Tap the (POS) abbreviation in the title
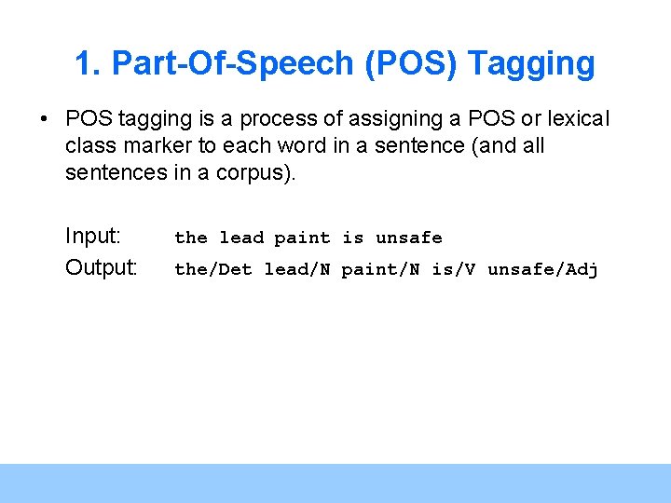[411, 64]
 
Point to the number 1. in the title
[88, 64]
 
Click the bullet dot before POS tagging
[43, 120]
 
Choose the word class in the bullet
[90, 146]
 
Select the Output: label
[102, 268]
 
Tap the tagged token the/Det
[213, 269]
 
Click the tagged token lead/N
[297, 269]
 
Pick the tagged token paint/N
[380, 269]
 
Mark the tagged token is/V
[454, 269]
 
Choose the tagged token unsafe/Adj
[542, 269]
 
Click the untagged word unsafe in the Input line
[409, 238]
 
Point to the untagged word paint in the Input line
[302, 238]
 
